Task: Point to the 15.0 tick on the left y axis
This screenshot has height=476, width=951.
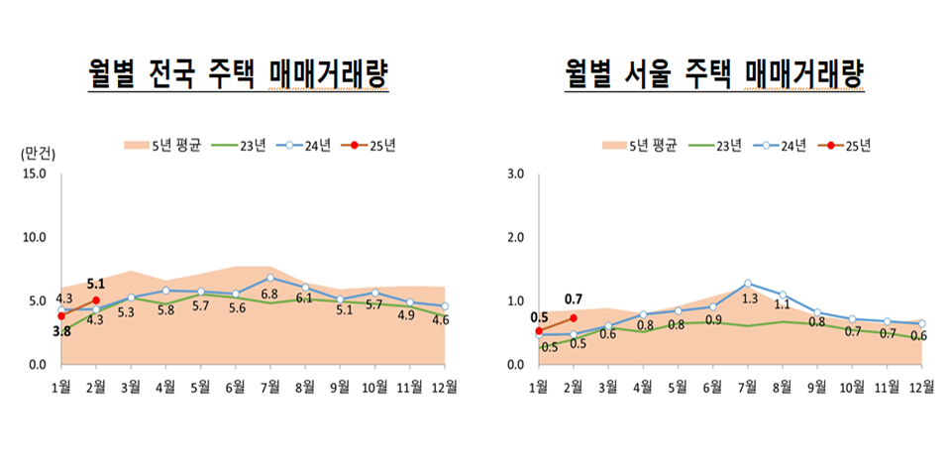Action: pyautogui.click(x=34, y=175)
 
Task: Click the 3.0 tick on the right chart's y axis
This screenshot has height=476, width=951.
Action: pyautogui.click(x=515, y=175)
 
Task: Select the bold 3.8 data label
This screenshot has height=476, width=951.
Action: pyautogui.click(x=61, y=332)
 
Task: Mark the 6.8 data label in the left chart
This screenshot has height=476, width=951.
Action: pyautogui.click(x=269, y=295)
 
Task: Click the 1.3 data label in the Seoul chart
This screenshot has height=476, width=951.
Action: pyautogui.click(x=748, y=298)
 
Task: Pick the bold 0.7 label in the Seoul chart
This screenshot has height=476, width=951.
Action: pyautogui.click(x=574, y=298)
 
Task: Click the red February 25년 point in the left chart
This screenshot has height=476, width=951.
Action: pyautogui.click(x=96, y=299)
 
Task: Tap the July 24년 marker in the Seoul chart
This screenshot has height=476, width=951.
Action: pyautogui.click(x=748, y=284)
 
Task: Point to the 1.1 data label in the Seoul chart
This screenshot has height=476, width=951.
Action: pyautogui.click(x=783, y=304)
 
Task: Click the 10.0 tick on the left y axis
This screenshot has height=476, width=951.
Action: pyautogui.click(x=34, y=238)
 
